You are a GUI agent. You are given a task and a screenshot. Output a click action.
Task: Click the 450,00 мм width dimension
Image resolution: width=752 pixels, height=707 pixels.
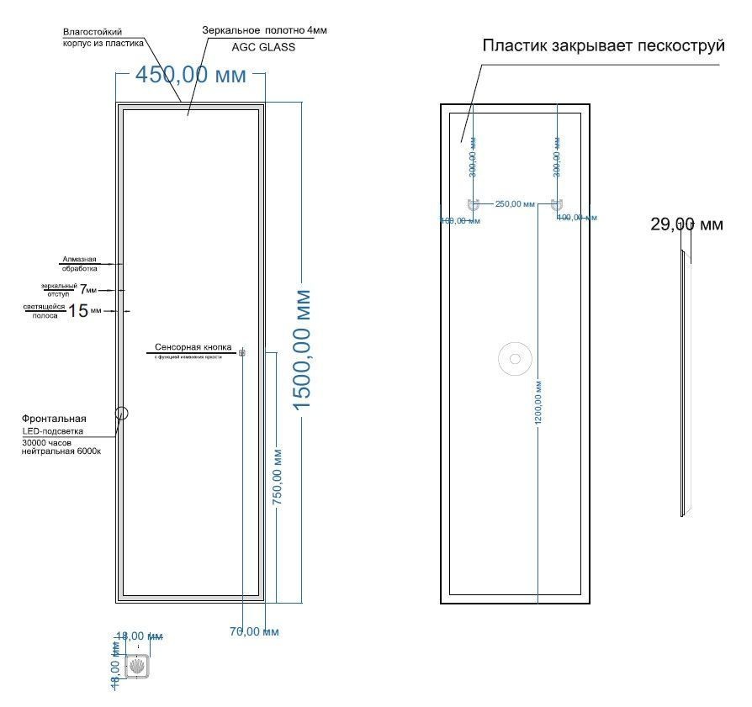click(191, 75)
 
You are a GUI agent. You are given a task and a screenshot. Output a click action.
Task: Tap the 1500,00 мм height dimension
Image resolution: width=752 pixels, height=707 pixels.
click(302, 350)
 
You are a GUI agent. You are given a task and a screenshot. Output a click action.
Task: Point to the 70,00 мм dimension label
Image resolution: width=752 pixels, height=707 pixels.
click(254, 631)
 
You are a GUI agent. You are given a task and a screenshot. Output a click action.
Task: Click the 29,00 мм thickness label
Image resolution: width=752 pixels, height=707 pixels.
click(686, 224)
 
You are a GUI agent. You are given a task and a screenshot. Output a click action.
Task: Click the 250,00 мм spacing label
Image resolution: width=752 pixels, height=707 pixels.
click(515, 203)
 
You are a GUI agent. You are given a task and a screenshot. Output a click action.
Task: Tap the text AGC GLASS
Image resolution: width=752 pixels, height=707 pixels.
click(263, 47)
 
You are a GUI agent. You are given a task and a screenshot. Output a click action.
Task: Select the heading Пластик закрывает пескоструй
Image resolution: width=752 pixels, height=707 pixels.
click(603, 45)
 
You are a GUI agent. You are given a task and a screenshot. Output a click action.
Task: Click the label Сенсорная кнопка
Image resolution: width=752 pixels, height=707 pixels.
click(193, 347)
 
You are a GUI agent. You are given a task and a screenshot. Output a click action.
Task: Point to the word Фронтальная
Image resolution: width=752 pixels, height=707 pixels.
click(55, 418)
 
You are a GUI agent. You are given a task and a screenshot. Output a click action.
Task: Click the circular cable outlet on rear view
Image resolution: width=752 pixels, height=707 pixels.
click(515, 359)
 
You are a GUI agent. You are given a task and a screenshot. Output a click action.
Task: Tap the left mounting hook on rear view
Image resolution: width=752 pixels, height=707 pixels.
click(473, 204)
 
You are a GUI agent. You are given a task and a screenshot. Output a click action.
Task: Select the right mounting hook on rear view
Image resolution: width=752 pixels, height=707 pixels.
click(557, 204)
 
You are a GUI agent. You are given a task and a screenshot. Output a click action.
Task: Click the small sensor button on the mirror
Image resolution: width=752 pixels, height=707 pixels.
click(242, 352)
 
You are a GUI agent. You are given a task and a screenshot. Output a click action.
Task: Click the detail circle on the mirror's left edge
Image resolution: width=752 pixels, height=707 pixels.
click(121, 413)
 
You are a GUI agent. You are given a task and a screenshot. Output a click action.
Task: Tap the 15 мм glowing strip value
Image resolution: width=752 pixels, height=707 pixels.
click(78, 311)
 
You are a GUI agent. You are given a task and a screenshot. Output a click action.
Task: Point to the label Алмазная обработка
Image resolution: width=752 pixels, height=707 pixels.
click(79, 264)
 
